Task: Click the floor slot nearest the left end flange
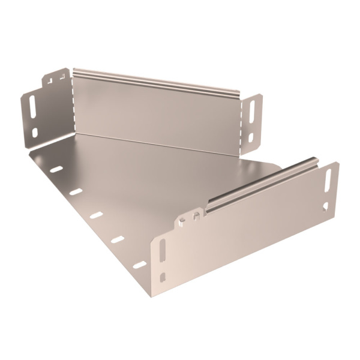click(x=56, y=169)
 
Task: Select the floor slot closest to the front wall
click(x=139, y=265)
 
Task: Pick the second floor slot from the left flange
click(x=76, y=192)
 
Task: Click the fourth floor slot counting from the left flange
click(x=118, y=239)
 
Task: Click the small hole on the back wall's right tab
click(x=251, y=137)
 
